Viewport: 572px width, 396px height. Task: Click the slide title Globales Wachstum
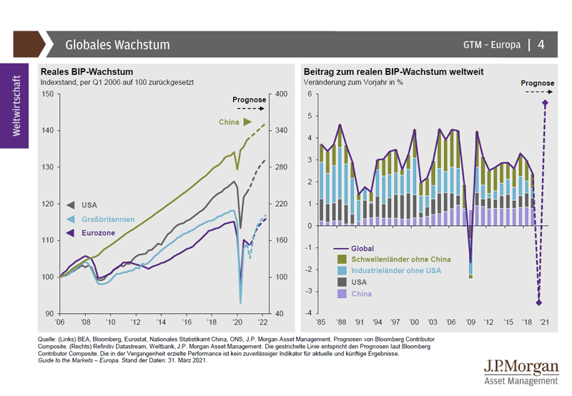coord(118,44)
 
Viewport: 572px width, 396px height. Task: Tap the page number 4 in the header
coord(541,44)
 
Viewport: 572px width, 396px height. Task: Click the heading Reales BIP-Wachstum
coord(97,71)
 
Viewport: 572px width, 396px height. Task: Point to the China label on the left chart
coord(229,122)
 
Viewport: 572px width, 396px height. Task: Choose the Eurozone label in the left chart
coord(99,232)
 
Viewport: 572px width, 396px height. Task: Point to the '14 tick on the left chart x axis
coord(164,322)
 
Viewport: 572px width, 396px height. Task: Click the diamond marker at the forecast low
coord(539,302)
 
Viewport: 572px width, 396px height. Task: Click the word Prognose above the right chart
coord(537,84)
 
